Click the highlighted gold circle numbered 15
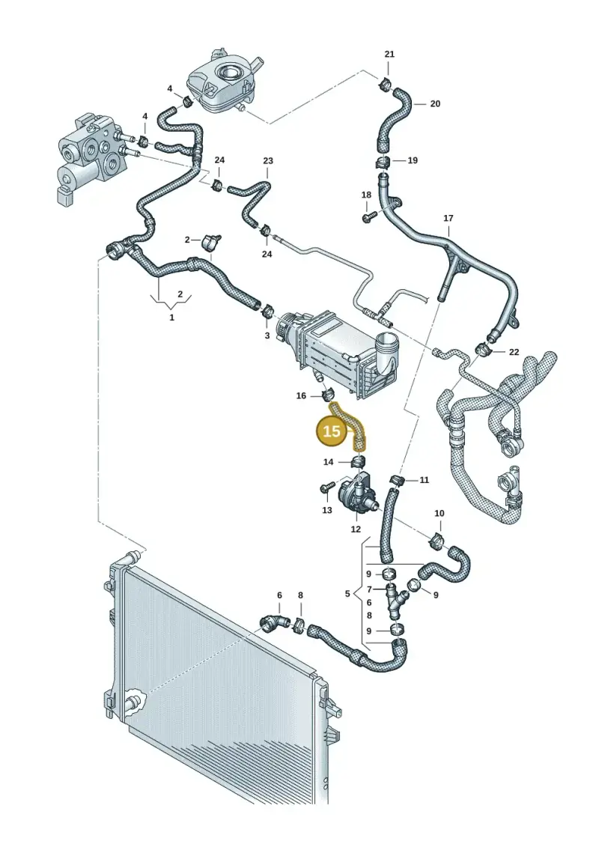tap(332, 431)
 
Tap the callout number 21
tap(389, 54)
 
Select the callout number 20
tap(435, 103)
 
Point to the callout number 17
tap(449, 218)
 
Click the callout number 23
tap(268, 160)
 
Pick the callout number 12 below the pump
tap(356, 529)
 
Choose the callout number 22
tap(514, 352)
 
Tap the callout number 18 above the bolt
tap(366, 195)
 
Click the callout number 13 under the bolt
tap(326, 509)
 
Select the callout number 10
tap(439, 513)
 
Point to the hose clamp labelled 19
tap(383, 162)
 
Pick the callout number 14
tap(329, 462)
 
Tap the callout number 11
tap(424, 480)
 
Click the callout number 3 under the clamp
tap(267, 336)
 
